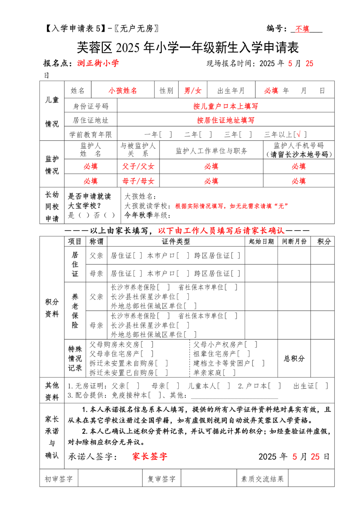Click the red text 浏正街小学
pos(98,63)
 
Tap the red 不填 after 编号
pos(302,29)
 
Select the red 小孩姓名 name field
pos(123,91)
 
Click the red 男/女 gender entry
pos(193,91)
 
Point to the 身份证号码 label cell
pos(91,106)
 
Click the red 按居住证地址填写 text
pos(226,120)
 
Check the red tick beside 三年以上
pos(299,134)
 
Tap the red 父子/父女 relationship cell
pos(138,166)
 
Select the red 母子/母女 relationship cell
pos(138,181)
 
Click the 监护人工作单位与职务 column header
pos(211,151)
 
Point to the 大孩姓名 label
pos(140,196)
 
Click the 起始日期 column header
pos(261,241)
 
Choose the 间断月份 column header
pos(294,241)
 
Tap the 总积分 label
pos(294,358)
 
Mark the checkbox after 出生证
pos(322,386)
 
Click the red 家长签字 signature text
pos(150,456)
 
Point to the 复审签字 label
pos(161,479)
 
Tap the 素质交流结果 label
pos(262,479)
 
